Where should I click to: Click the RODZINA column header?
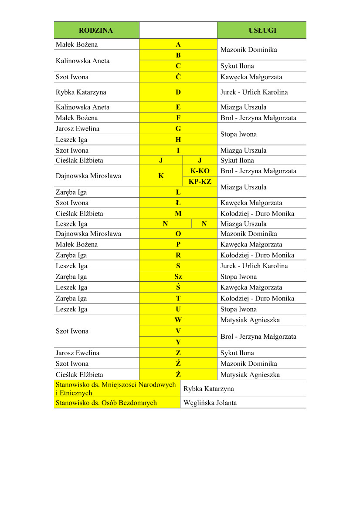(96, 30)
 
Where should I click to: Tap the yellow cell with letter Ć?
(178, 77)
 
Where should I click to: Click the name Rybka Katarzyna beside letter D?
(81, 92)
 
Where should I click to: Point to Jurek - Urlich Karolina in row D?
(254, 92)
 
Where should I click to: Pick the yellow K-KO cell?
(200, 171)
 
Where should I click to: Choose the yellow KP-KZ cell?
(200, 182)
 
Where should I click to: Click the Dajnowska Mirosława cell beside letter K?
(88, 176)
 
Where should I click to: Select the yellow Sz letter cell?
(178, 277)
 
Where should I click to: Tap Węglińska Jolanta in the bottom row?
(211, 403)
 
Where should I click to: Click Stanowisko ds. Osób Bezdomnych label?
(106, 403)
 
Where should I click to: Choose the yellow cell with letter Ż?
(178, 374)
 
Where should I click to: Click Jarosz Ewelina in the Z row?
(78, 353)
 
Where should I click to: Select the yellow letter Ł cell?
(178, 203)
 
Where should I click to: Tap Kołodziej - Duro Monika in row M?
(257, 214)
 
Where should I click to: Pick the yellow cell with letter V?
(178, 331)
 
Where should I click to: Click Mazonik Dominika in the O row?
(249, 234)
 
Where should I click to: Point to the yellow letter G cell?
(178, 129)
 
